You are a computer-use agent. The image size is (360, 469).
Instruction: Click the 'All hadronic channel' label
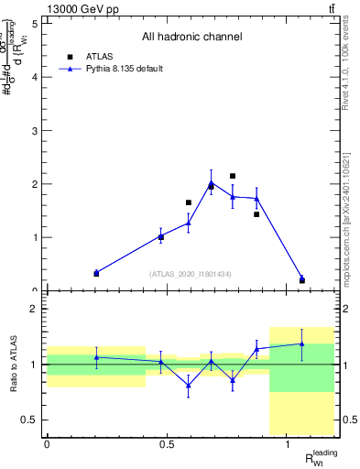tap(191, 38)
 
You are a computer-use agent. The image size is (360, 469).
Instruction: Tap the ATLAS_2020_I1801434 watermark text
tap(191, 274)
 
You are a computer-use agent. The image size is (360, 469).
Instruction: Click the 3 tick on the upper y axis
tap(36, 130)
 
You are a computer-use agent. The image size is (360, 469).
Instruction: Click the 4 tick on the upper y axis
tap(36, 77)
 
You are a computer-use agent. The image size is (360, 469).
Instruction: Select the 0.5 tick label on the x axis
tap(167, 445)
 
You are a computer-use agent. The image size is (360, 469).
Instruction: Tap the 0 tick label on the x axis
tap(47, 445)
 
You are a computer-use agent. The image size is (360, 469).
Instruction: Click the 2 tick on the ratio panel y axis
tap(35, 309)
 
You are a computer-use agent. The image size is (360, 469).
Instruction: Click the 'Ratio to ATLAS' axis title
tap(14, 365)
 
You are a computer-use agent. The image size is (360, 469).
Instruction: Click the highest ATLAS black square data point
tap(233, 176)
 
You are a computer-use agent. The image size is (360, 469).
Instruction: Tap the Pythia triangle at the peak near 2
tap(211, 183)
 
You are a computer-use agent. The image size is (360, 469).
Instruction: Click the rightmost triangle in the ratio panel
tap(302, 344)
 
